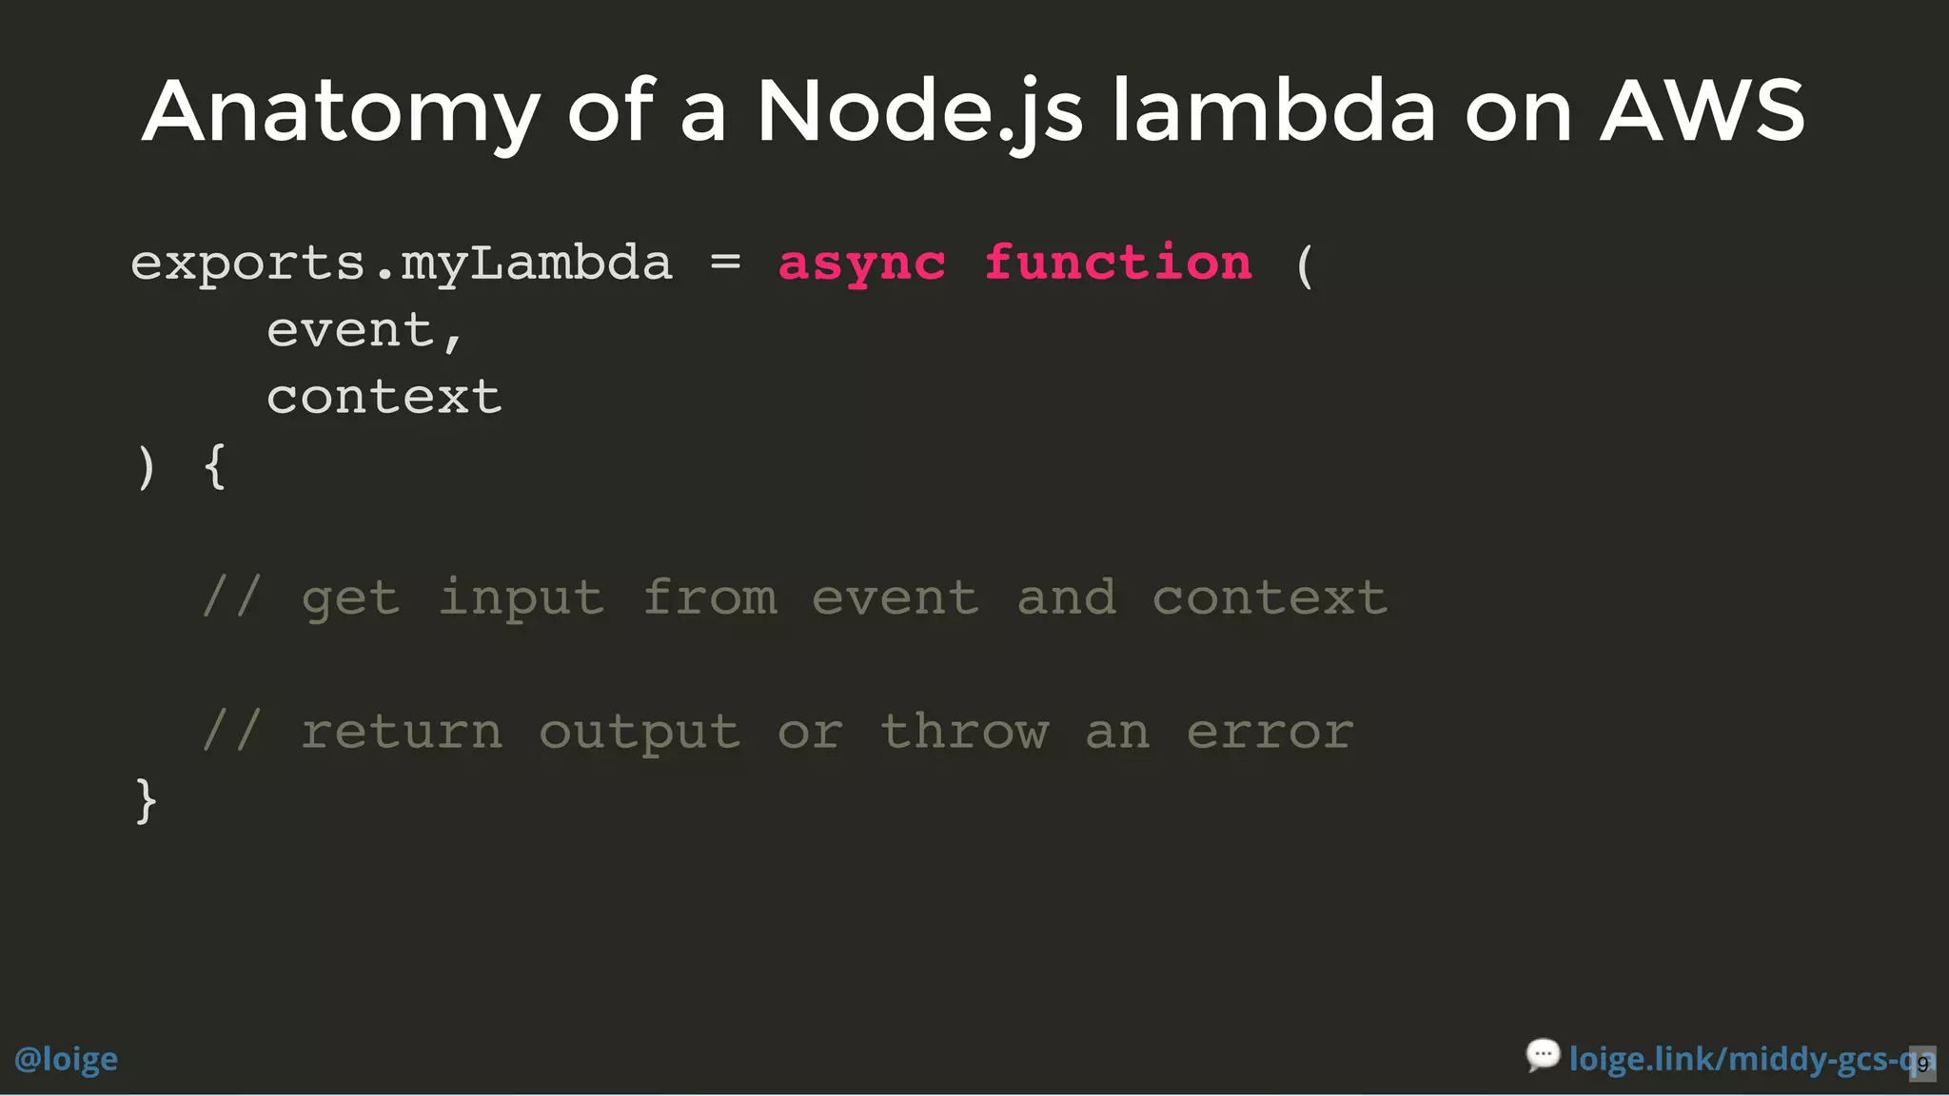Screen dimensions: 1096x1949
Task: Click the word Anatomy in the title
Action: point(341,112)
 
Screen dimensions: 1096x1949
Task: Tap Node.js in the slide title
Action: point(919,112)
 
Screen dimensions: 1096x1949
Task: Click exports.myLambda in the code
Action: point(401,264)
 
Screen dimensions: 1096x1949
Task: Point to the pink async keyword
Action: point(862,264)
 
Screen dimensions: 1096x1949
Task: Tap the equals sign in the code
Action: point(725,262)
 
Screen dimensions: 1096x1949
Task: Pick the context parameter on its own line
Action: point(384,397)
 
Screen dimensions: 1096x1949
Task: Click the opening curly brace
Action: point(215,466)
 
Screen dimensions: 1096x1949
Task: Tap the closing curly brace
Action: point(146,800)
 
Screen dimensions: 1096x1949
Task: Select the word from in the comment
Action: point(710,598)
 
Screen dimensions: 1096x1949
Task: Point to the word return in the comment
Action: point(402,732)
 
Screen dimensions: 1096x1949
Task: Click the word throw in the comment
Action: point(964,732)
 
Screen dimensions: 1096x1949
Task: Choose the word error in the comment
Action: point(1270,732)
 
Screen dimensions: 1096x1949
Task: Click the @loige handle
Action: point(66,1059)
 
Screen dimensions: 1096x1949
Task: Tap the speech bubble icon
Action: point(1543,1055)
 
